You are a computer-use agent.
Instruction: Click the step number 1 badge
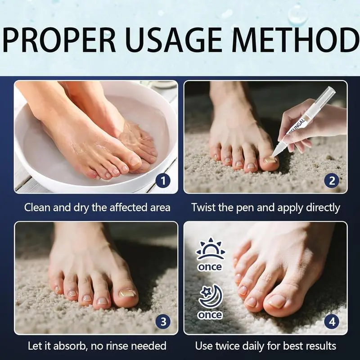(x=163, y=181)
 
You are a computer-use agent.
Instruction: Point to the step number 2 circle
(x=332, y=181)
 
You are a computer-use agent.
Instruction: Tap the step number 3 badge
(x=163, y=322)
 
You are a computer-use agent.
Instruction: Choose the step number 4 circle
(x=332, y=322)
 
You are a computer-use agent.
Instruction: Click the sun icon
(x=210, y=249)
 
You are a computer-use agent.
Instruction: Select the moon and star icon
(x=211, y=297)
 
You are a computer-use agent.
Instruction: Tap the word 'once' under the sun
(x=210, y=267)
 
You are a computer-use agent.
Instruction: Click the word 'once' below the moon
(x=210, y=315)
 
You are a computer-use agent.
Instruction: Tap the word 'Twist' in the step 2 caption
(x=203, y=207)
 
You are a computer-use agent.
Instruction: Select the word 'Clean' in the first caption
(x=37, y=207)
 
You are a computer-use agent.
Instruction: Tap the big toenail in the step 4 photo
(x=278, y=301)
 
